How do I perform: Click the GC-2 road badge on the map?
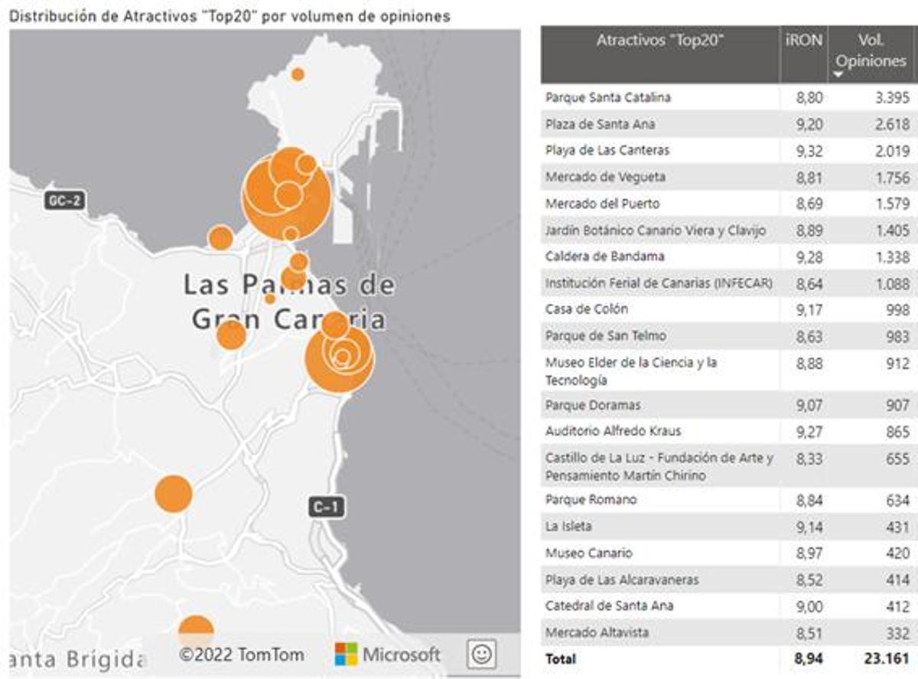64,201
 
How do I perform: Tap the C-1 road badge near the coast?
327,507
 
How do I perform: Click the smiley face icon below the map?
482,654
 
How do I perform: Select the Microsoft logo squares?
346,655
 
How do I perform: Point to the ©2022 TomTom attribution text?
241,655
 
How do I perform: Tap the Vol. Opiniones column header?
871,51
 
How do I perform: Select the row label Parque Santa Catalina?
608,97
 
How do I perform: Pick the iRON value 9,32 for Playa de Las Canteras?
809,151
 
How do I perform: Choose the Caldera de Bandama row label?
604,256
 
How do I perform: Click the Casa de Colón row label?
587,308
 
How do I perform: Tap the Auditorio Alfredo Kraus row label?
613,431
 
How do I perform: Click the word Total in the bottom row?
561,658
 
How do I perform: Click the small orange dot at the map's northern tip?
298,74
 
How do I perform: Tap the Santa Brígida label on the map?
76,659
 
